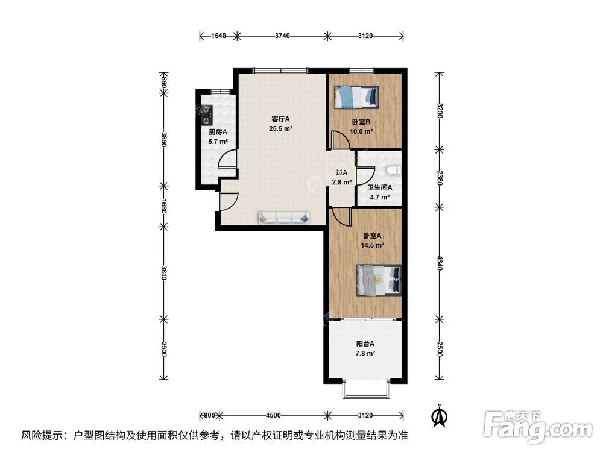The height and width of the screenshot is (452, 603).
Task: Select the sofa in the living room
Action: [x=284, y=218]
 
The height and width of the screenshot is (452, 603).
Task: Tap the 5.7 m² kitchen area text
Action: [x=218, y=142]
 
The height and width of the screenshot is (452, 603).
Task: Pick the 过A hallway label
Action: [x=342, y=173]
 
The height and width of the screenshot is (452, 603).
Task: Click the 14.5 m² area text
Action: [x=372, y=245]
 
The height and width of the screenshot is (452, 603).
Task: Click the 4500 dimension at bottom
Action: [x=273, y=415]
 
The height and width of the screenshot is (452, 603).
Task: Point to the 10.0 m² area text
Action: [x=362, y=131]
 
